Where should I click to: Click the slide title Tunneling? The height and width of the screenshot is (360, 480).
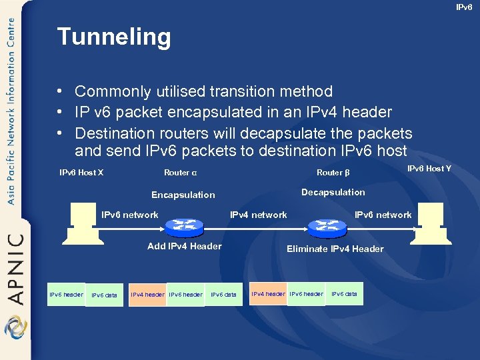[114, 37]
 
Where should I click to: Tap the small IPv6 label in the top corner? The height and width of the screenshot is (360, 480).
[464, 7]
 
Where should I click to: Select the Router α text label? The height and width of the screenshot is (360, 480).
[180, 173]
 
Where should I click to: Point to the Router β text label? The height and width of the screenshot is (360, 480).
[333, 173]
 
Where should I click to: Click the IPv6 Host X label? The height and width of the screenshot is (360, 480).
[81, 173]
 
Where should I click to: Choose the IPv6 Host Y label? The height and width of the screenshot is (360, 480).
[429, 169]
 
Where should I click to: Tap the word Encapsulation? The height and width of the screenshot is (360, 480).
[183, 195]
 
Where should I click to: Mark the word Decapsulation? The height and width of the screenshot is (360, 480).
[333, 193]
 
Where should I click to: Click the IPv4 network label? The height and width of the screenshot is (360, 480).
[258, 215]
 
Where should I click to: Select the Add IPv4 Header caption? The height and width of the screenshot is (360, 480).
[184, 246]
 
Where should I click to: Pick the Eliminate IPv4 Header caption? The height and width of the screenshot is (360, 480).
[335, 249]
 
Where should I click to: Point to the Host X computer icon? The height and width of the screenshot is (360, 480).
[83, 220]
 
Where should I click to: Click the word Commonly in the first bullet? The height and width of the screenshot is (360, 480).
[109, 91]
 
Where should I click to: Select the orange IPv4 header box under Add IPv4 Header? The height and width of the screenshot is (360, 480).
[147, 295]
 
